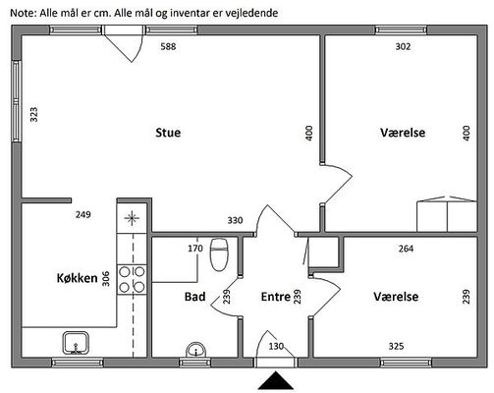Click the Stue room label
coord(168,133)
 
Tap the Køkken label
coord(78,278)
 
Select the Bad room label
coord(195,297)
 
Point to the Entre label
coord(276,297)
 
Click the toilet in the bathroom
coord(219,254)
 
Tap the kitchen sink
coord(76,343)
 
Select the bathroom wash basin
coord(195,350)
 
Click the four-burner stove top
coord(132,280)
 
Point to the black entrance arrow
coord(276,380)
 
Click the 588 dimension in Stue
coord(168,46)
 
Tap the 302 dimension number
coord(403,46)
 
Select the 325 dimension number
coord(396,346)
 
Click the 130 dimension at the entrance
coord(276,346)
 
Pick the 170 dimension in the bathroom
coord(195,249)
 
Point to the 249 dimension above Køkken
coord(83,215)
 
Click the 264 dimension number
coord(406,249)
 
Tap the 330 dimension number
coord(235,220)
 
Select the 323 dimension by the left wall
coord(34,115)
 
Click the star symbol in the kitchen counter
coord(132,218)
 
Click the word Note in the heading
coord(23,13)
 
